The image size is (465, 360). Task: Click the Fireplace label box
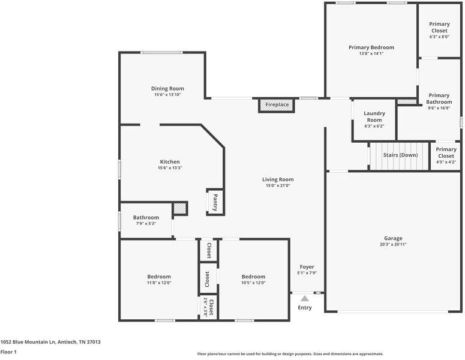277,105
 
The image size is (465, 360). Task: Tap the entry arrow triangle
305,298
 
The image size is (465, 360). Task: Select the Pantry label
215,202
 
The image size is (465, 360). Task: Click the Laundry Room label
374,116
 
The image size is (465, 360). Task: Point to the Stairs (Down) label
400,155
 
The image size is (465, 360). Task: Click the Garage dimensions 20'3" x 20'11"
393,245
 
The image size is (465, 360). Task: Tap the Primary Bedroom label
371,47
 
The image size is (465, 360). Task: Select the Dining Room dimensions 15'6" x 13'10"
167,95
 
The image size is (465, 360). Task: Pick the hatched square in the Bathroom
180,208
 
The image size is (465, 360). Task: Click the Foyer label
307,266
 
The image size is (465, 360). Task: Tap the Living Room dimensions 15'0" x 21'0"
278,186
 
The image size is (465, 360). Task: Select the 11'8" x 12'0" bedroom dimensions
159,283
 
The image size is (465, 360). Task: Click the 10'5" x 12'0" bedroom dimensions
253,283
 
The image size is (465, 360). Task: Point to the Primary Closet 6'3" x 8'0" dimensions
439,37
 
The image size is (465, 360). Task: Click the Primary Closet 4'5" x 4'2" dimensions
446,162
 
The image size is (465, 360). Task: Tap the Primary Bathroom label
439,98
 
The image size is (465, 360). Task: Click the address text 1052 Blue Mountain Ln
50,342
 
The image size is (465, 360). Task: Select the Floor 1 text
8,352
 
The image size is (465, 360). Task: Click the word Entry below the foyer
305,308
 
